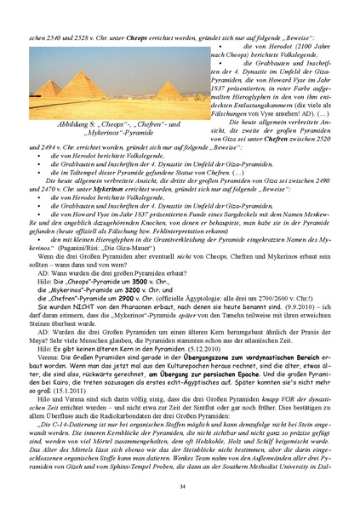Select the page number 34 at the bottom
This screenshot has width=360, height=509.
tap(181, 486)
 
